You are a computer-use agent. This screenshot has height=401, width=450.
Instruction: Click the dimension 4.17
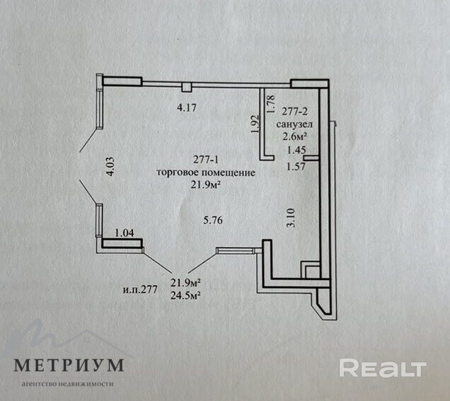point(186,108)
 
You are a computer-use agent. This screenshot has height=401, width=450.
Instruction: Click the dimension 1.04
point(124,232)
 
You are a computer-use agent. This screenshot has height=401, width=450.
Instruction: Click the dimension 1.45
point(296,150)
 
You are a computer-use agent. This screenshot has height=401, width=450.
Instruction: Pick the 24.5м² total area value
point(185,295)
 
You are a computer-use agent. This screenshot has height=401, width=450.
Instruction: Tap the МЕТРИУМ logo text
point(69,365)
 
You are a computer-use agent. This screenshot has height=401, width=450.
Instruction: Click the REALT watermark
point(382,368)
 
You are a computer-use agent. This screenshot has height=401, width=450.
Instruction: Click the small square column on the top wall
point(185,87)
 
